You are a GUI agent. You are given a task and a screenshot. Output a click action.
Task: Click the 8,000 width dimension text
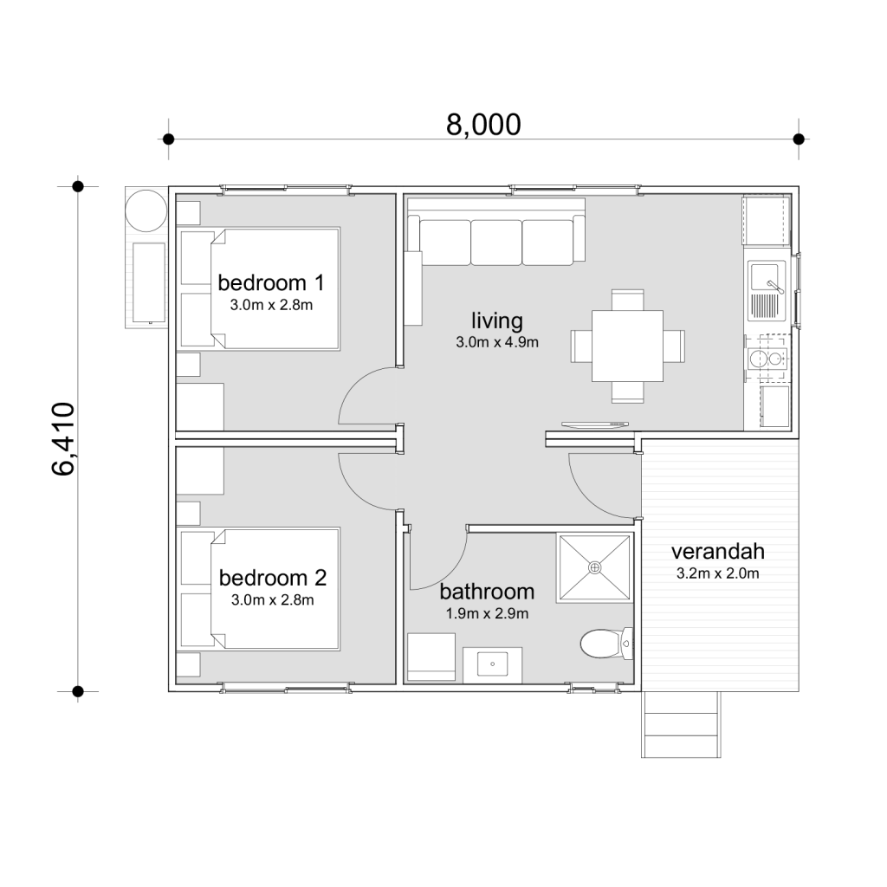483,125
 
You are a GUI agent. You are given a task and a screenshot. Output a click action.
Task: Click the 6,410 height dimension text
66,440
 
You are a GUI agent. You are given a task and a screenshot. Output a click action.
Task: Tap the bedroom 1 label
271,282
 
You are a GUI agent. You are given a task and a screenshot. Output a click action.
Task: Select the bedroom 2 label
272,578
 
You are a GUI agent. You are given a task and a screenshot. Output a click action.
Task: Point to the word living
497,321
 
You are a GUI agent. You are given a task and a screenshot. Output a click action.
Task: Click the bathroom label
486,592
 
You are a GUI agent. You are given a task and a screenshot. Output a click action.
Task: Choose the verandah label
717,552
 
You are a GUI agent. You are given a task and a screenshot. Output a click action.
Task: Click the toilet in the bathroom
601,644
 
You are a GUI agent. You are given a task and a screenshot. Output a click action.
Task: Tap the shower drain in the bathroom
594,567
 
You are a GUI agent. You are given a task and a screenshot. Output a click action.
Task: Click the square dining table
628,346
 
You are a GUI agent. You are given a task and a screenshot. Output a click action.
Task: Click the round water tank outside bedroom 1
145,210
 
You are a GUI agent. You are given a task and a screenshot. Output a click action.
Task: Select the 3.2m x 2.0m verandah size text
717,573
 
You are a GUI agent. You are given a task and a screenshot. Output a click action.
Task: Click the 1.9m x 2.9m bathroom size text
486,614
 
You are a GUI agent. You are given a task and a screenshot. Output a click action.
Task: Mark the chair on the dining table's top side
628,300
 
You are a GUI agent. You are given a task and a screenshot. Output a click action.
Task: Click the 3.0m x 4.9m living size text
497,342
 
